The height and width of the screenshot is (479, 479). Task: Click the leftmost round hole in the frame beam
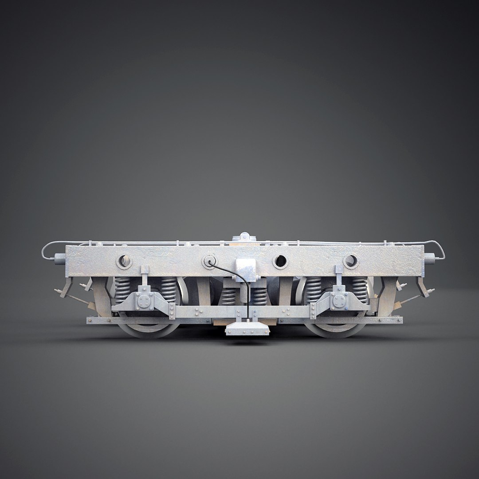pyautogui.click(x=124, y=261)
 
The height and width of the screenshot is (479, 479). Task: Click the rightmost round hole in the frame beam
pyautogui.click(x=350, y=261)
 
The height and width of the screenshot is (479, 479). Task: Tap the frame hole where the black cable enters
pyautogui.click(x=208, y=261)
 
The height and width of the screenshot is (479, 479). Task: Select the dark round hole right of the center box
pyautogui.click(x=280, y=262)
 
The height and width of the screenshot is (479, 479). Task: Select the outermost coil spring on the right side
pyautogui.click(x=360, y=290)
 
